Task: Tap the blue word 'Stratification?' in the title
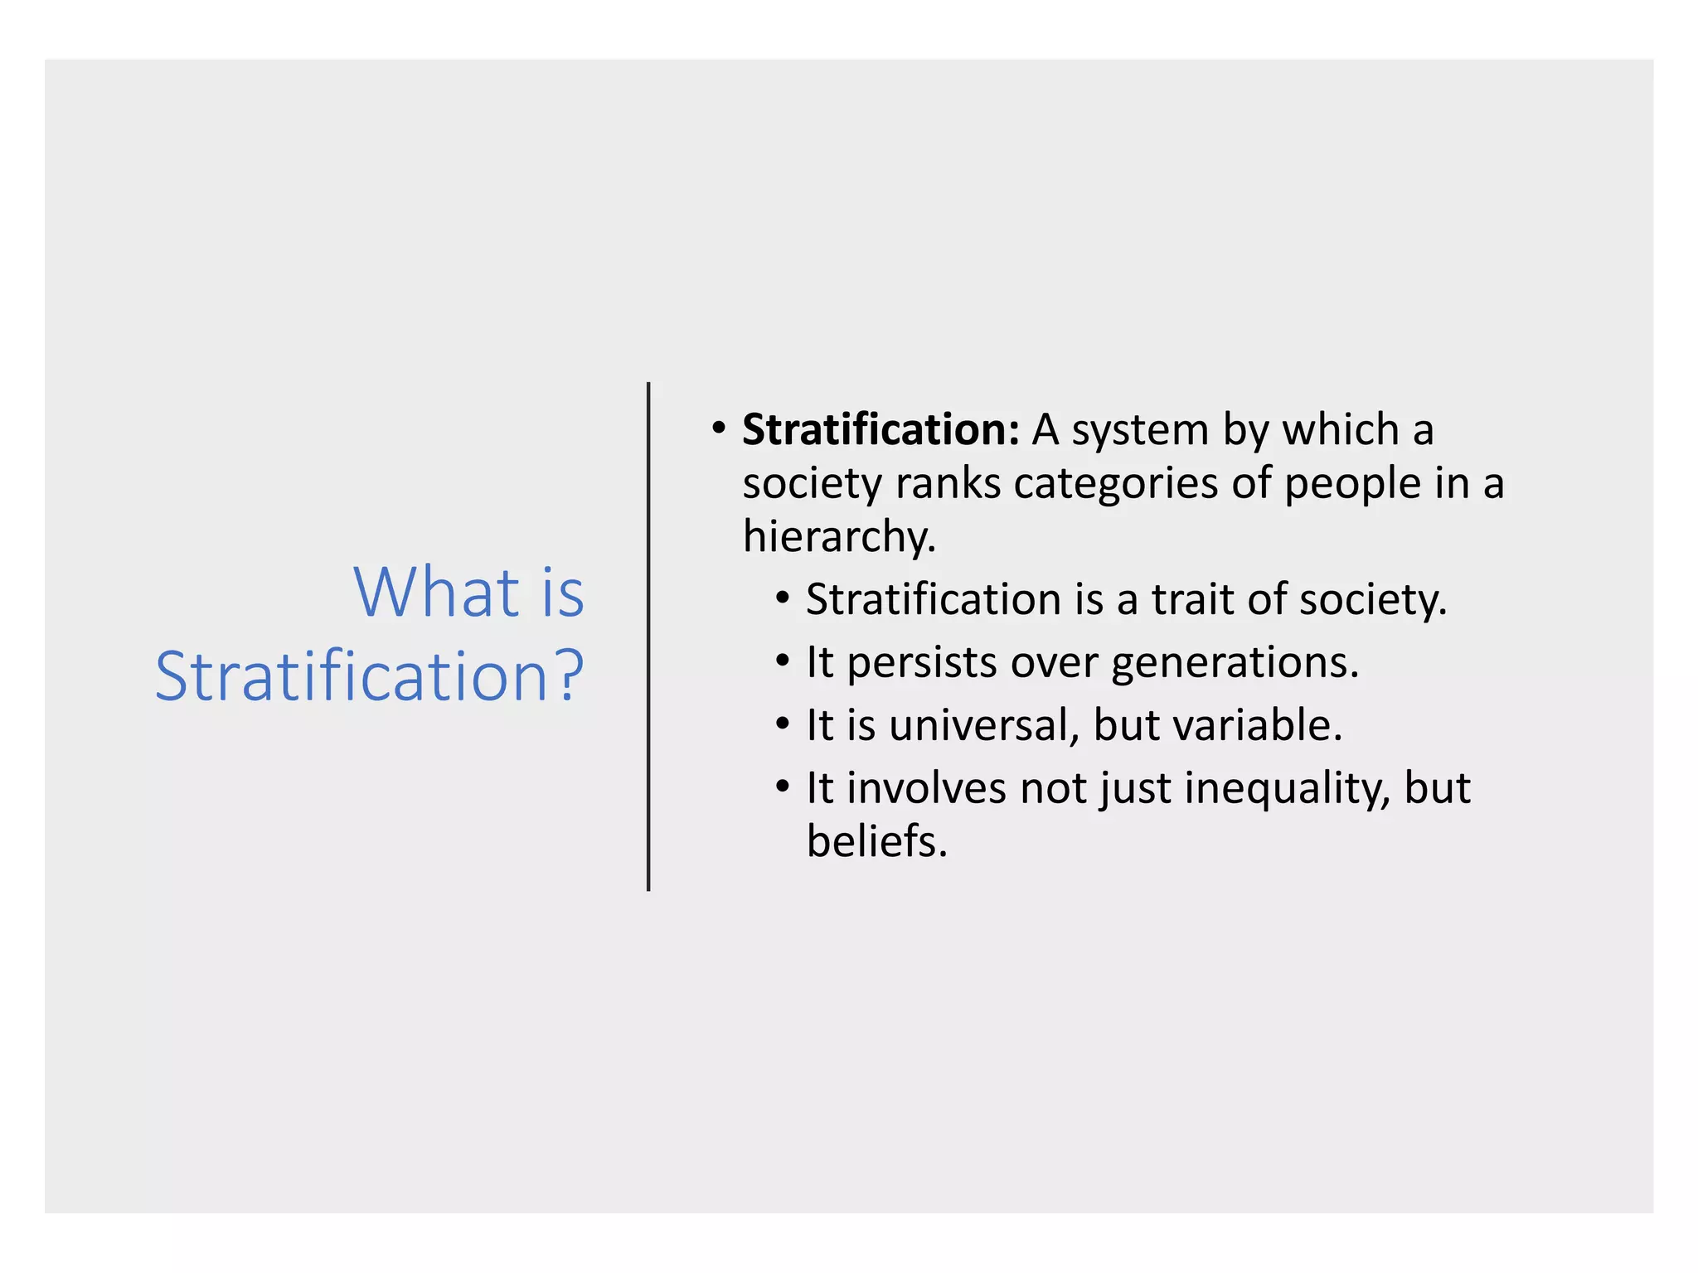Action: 370,676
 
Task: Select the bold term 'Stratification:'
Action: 881,430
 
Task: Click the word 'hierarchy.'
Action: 839,537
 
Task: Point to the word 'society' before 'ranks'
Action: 812,484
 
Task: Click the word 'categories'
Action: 1115,484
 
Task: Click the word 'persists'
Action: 922,663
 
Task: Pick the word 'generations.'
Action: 1235,663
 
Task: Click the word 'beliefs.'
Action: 876,842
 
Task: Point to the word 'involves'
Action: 926,788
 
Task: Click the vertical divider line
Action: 648,636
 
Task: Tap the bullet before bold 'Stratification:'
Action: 718,429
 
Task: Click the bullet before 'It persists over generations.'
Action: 783,661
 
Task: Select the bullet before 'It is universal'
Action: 783,724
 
